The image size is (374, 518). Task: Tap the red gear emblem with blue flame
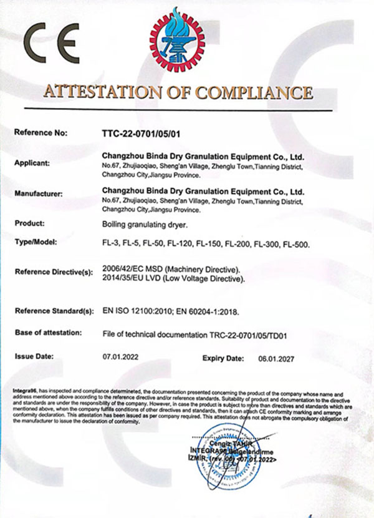[177, 37]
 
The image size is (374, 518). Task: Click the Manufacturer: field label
[38, 193]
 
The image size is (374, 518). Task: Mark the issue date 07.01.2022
[118, 359]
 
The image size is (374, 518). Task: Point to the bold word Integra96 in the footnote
[26, 391]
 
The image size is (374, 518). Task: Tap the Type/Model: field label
[35, 241]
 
